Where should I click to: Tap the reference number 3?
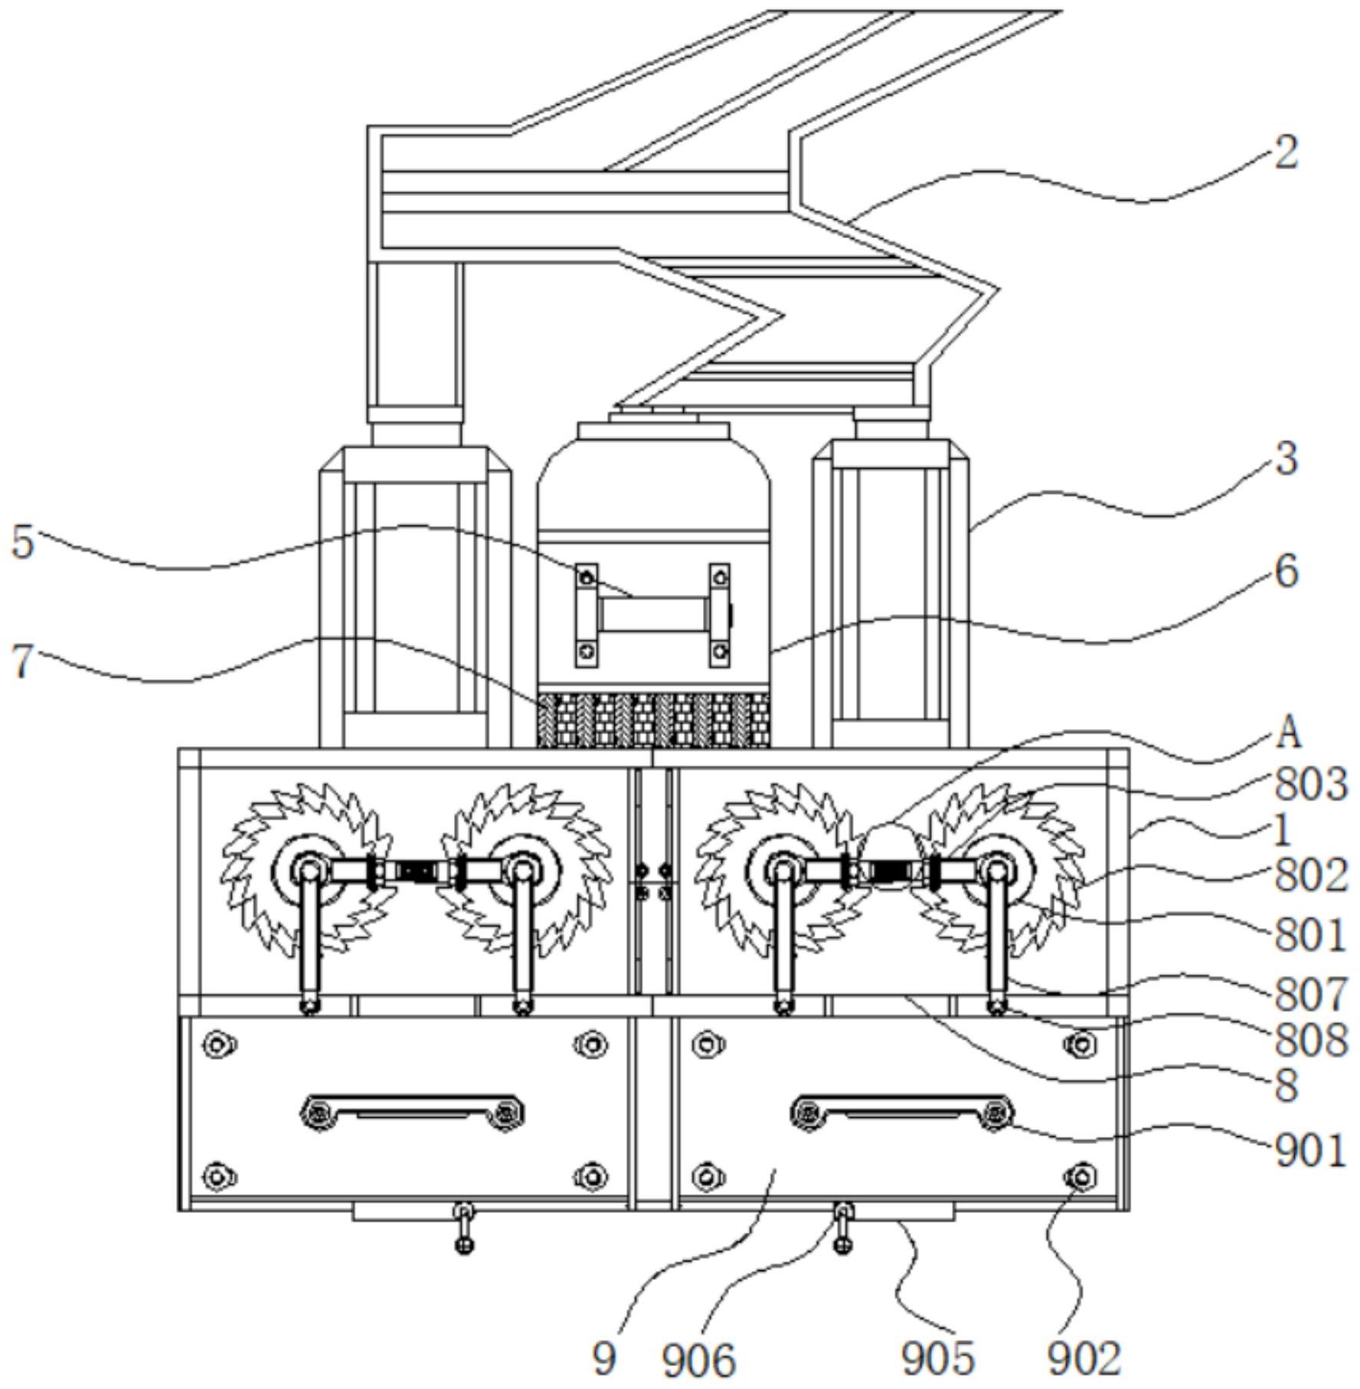[x=1286, y=459]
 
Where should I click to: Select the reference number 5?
[x=23, y=542]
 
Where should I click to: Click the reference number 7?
[x=23, y=661]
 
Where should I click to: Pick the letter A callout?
[x=1289, y=733]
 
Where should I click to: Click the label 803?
[x=1311, y=784]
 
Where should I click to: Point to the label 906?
[x=698, y=1360]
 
